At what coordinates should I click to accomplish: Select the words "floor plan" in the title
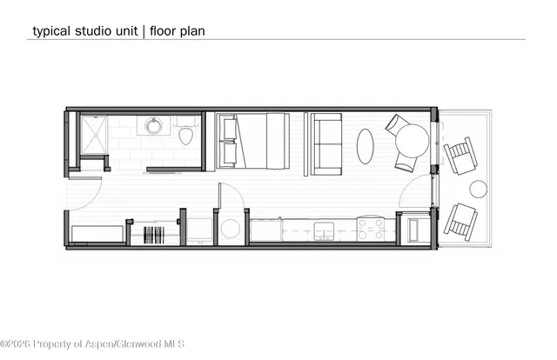pos(178,30)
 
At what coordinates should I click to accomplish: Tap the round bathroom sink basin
pos(154,127)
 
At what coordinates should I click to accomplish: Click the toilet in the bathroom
pos(185,135)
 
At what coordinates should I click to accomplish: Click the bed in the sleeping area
pos(253,141)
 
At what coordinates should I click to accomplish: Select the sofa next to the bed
pos(326,143)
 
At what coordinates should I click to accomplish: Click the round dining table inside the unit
pos(412,140)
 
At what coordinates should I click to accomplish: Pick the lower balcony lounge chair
pos(460,221)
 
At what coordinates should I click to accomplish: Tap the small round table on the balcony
pos(478,189)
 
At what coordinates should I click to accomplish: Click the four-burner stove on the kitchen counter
pos(370,230)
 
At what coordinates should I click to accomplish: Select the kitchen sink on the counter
pos(325,230)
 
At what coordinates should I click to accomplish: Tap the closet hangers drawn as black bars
pos(154,234)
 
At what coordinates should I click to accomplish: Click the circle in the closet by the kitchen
pos(231,229)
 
